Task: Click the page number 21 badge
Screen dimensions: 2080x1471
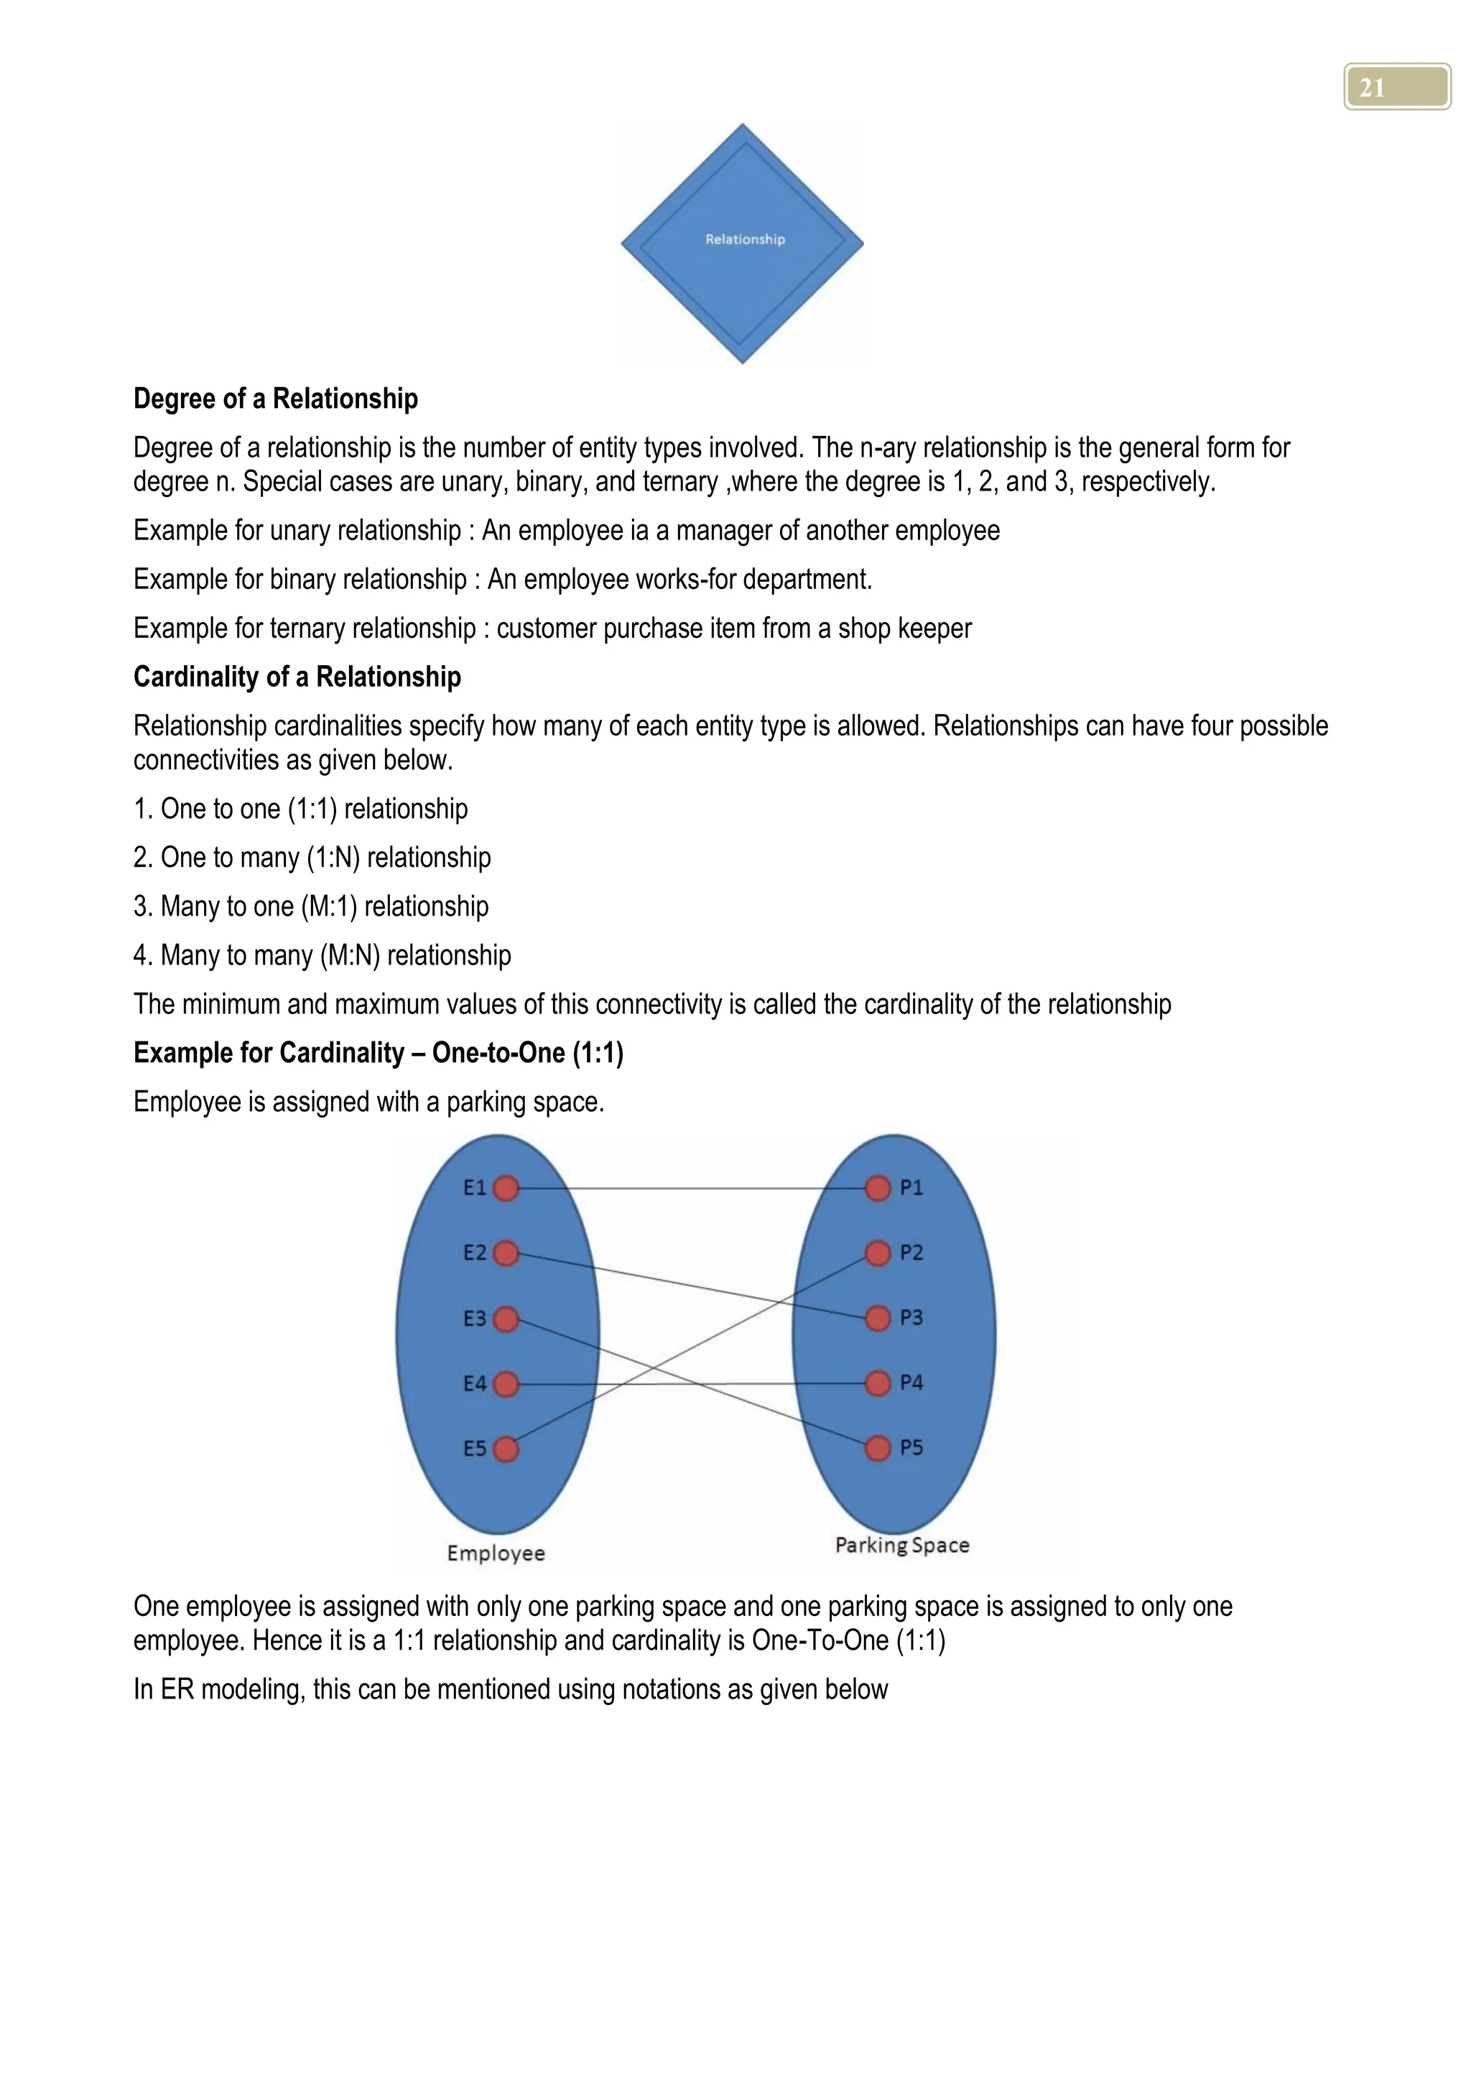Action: pos(1397,87)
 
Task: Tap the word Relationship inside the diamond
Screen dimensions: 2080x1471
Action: pos(745,239)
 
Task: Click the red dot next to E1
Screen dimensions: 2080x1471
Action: pos(506,1188)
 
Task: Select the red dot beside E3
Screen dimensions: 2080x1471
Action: pos(506,1319)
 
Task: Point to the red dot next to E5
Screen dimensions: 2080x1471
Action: pos(506,1449)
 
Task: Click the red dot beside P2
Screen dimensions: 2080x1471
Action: pos(878,1253)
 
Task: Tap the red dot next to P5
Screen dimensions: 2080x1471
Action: pos(878,1448)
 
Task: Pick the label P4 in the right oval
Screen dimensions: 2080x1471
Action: pos(911,1383)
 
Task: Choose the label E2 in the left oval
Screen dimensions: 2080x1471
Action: pos(475,1253)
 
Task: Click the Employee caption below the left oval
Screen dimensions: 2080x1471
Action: pos(496,1553)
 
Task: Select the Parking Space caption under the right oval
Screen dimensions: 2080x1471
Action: pos(901,1545)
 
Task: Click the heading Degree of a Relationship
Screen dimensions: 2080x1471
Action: pos(275,399)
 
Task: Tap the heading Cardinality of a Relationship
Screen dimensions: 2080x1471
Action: pos(297,677)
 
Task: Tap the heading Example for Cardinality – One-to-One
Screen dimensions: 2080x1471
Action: pos(378,1053)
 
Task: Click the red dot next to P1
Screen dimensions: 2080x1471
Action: pos(878,1188)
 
